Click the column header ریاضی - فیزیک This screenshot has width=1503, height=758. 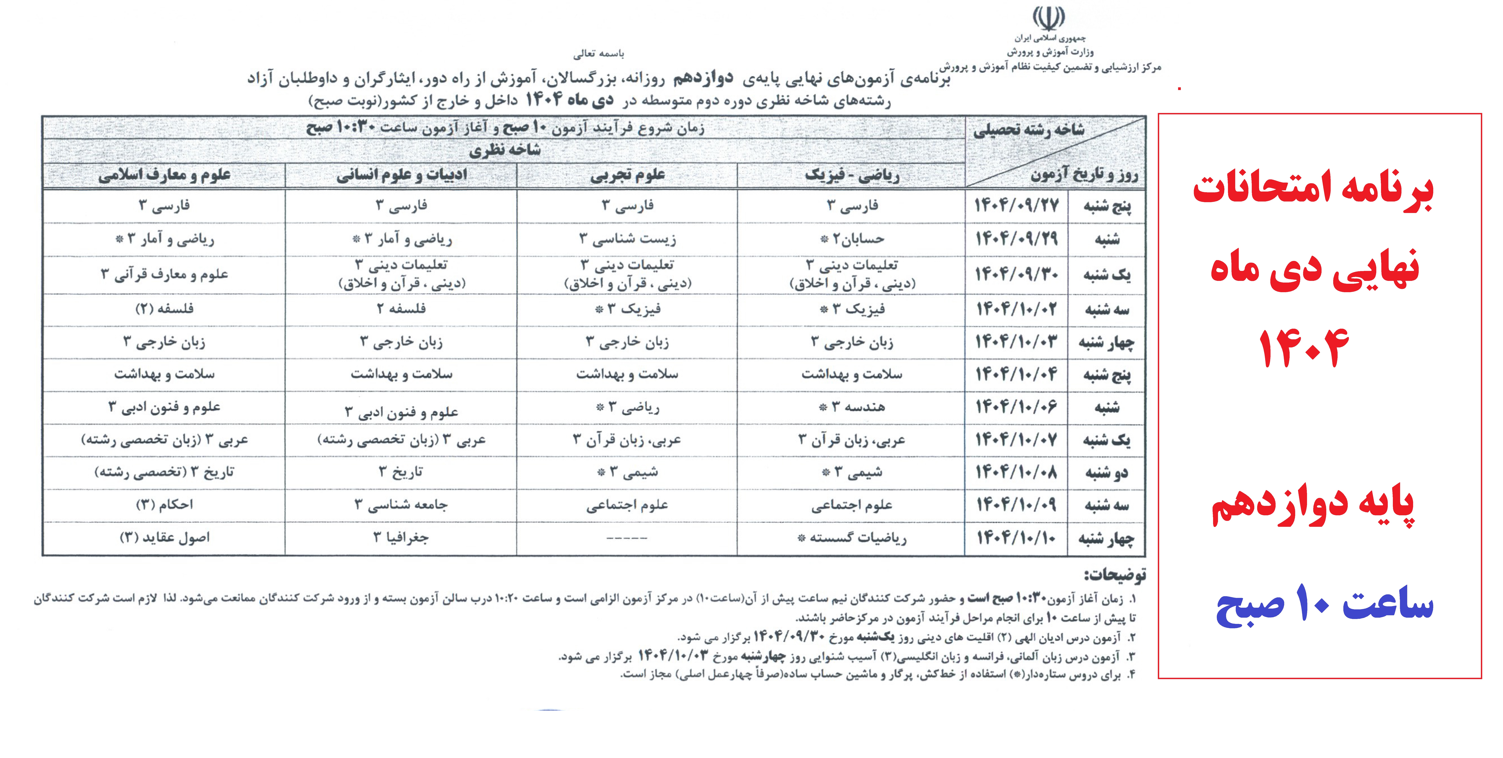tap(852, 175)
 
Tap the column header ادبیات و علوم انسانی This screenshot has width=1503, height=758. tap(401, 175)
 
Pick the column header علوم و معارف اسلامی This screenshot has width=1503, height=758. tap(165, 175)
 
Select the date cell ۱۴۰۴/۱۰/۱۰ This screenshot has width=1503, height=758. tap(1016, 538)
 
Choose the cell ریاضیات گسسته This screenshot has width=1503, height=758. tap(852, 538)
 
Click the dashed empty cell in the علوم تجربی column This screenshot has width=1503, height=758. tap(627, 538)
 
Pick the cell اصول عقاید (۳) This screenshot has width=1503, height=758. tap(165, 538)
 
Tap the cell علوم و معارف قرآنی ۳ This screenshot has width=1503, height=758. tap(165, 274)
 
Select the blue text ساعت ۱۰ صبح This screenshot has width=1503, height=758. tap(1324, 606)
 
